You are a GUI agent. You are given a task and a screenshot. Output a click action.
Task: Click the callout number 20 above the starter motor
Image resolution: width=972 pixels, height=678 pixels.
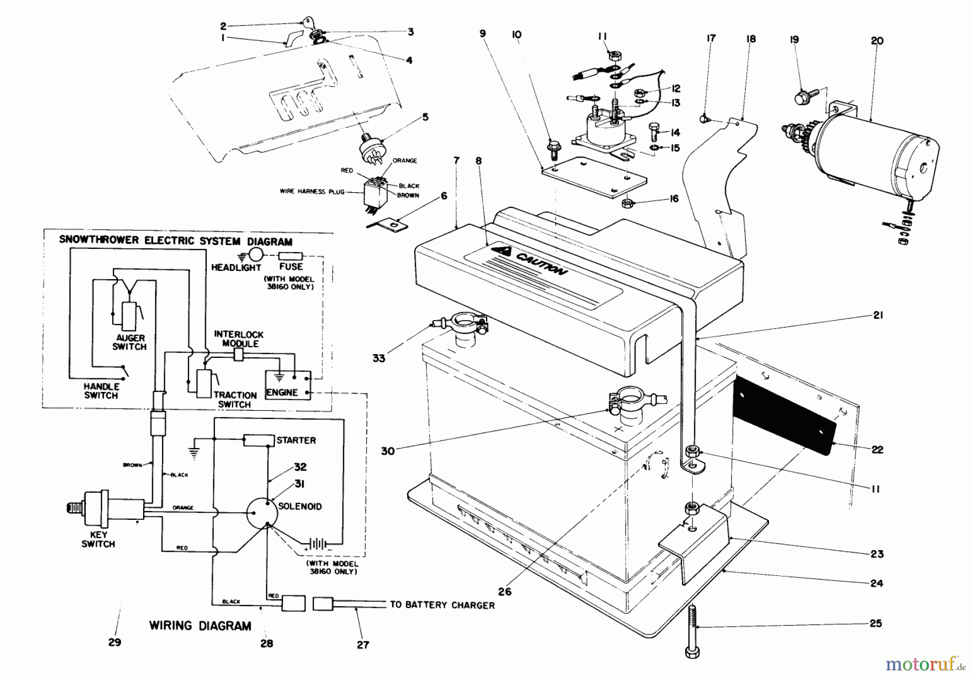877,41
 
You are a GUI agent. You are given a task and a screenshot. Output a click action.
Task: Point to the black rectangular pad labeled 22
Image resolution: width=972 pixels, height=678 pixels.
784,410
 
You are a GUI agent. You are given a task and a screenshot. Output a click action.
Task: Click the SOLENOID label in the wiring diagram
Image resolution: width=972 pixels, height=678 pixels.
300,506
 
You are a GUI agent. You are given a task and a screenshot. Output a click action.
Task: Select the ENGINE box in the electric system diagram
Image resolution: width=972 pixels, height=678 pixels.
287,385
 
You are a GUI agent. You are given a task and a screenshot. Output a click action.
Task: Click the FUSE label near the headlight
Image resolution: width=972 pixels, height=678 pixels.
291,267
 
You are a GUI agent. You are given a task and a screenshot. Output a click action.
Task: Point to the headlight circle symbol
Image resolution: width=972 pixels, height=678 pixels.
258,255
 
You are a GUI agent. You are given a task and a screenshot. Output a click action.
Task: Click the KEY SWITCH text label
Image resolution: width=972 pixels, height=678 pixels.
98,539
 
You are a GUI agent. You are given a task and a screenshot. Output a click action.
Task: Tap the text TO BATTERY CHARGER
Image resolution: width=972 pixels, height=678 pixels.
442,605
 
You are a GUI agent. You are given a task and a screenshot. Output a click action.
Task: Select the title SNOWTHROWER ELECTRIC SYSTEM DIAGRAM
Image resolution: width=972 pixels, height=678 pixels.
175,241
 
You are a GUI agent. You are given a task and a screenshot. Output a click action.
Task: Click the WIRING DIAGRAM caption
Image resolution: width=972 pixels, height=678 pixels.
200,626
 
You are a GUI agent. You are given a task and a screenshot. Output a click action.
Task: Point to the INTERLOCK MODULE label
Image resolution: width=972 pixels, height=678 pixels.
239,339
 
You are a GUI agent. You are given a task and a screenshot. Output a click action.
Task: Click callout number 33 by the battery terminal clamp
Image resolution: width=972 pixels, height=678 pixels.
379,358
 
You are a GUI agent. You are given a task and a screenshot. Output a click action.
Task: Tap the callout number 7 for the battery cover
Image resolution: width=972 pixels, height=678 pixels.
456,161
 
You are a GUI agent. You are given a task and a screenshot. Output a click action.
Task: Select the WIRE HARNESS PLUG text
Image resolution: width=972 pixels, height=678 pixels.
312,191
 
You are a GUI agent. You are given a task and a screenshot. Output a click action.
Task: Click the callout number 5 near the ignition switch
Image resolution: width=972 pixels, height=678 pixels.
425,117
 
